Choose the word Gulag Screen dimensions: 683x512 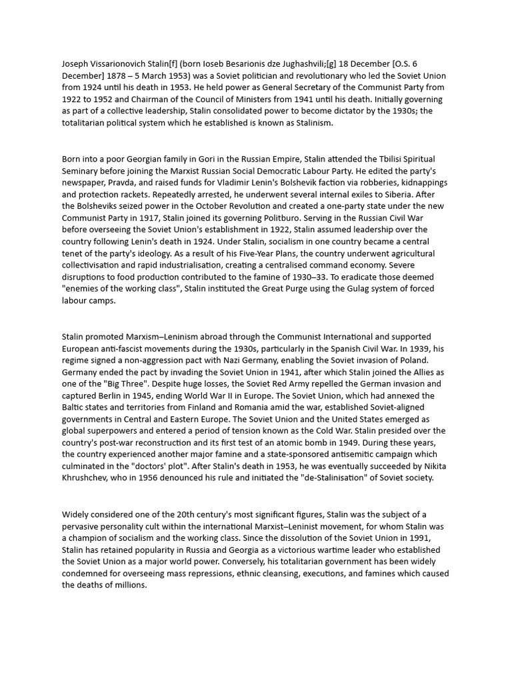coord(345,289)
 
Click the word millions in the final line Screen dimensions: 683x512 coord(127,586)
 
